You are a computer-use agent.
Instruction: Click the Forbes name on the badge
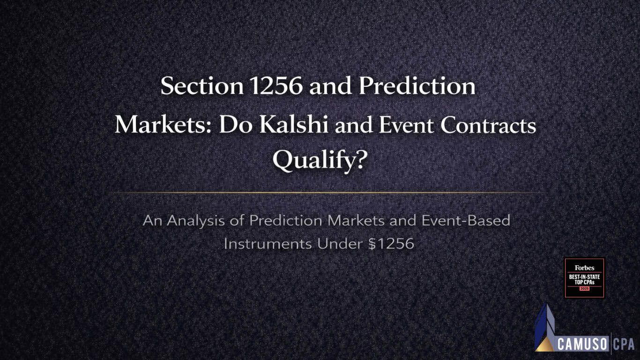(x=584, y=268)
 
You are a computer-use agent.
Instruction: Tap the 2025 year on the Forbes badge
(x=584, y=289)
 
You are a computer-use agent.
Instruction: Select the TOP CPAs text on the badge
(x=584, y=283)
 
